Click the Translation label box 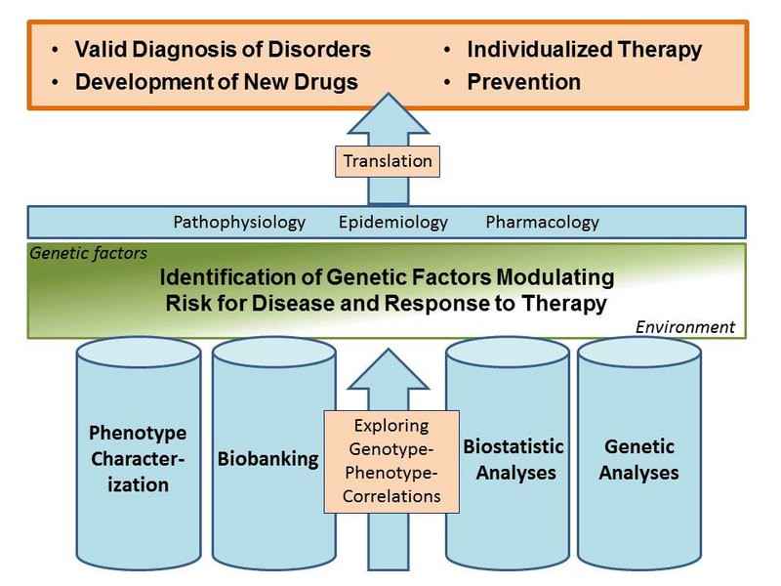click(x=388, y=161)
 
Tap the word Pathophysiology click(x=239, y=223)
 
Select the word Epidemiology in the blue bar click(x=393, y=223)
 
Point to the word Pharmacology click(x=543, y=223)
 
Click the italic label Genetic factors click(x=88, y=253)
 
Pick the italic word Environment click(x=685, y=327)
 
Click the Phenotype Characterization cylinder click(x=139, y=453)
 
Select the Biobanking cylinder click(x=274, y=453)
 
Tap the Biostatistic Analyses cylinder click(x=508, y=453)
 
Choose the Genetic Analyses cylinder click(x=639, y=453)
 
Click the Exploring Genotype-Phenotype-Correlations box click(x=391, y=461)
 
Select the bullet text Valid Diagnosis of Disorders click(x=223, y=50)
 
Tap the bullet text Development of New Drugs click(x=216, y=82)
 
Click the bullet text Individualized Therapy click(x=584, y=50)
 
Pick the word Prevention click(x=524, y=82)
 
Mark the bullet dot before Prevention click(x=447, y=82)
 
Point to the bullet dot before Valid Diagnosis click(x=55, y=50)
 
